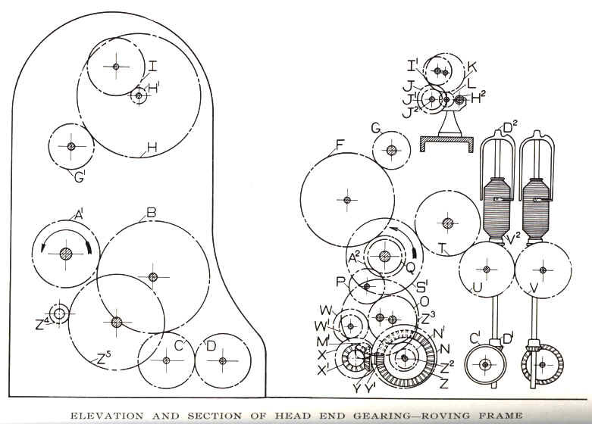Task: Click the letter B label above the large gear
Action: (x=151, y=214)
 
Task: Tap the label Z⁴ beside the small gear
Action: (x=42, y=324)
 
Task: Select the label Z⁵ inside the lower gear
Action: (x=103, y=358)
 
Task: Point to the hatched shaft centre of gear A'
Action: (x=66, y=254)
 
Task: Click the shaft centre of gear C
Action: (x=166, y=360)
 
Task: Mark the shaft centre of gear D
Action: (x=222, y=360)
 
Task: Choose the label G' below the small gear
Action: (x=80, y=177)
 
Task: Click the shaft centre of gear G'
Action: (x=71, y=146)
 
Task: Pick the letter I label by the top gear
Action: (x=152, y=67)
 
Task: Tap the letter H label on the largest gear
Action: (x=152, y=148)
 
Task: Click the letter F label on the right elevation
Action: (x=340, y=145)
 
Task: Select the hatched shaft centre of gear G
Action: (x=392, y=151)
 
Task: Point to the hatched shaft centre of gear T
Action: (x=448, y=223)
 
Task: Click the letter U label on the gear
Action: (x=478, y=288)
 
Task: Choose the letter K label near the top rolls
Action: (x=472, y=67)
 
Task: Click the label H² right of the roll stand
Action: (x=478, y=98)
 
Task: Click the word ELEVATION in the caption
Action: (x=107, y=416)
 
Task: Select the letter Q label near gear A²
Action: (x=410, y=267)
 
